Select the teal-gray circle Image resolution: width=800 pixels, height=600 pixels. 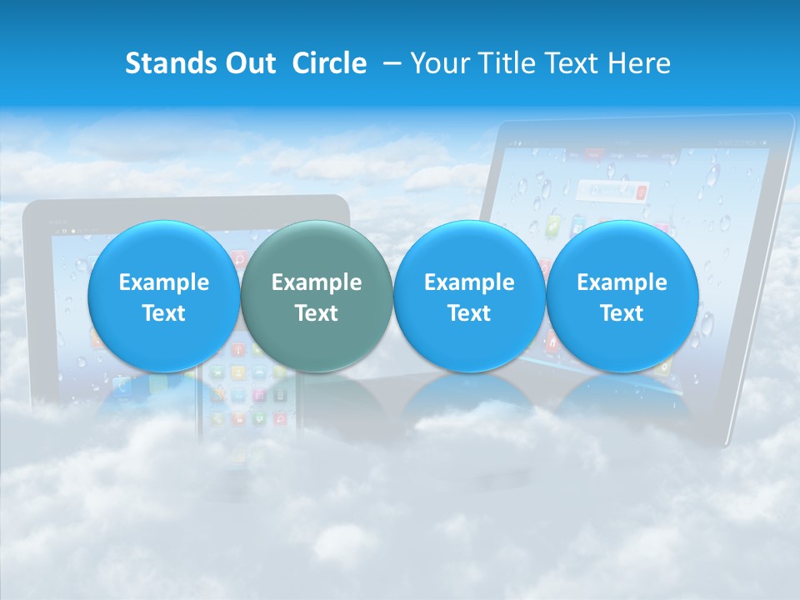[x=316, y=296]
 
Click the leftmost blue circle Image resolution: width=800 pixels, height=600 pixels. [x=163, y=296]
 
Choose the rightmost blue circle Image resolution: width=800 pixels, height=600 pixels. [x=622, y=296]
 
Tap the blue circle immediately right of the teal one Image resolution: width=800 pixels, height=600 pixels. [x=469, y=296]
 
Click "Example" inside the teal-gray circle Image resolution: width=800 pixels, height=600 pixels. [x=316, y=282]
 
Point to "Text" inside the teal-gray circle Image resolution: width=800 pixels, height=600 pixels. [x=316, y=313]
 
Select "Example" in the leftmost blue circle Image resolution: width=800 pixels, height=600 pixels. [x=163, y=282]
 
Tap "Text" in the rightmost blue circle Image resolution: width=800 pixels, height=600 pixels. [x=622, y=313]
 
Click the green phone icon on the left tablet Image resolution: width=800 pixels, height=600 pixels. [x=122, y=385]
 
